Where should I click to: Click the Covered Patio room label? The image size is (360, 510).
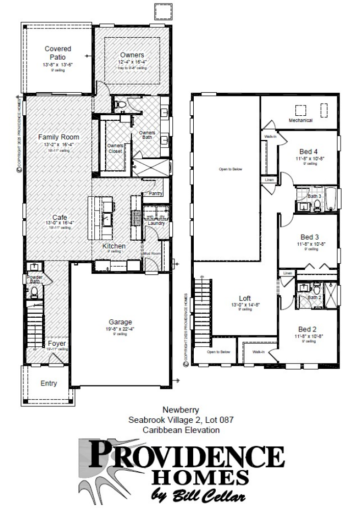[x=58, y=53]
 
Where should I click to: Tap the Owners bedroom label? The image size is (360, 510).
[x=132, y=55]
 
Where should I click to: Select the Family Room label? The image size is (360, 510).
[x=58, y=137]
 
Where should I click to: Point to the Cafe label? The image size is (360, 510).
[x=60, y=217]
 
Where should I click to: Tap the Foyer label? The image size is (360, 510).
[x=57, y=344]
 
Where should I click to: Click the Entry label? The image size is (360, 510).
[x=49, y=384]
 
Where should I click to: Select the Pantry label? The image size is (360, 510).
[x=155, y=194]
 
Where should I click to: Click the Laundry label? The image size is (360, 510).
[x=155, y=223]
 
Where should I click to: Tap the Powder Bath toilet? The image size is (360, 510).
[x=35, y=292]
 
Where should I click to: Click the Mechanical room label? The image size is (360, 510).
[x=301, y=121]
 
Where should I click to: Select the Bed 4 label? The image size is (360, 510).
[x=309, y=151]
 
